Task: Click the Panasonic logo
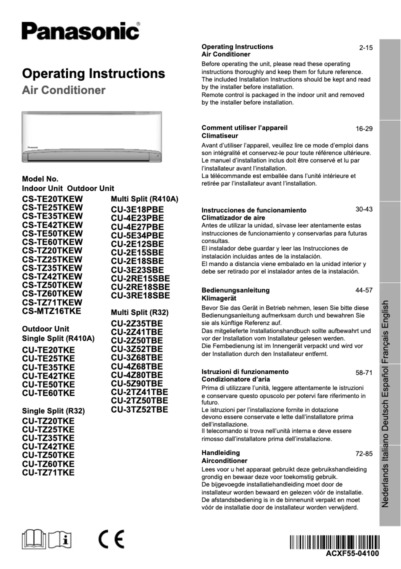pyautogui.click(x=80, y=31)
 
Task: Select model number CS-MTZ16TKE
pyautogui.click(x=51, y=311)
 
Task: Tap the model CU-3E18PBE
pyautogui.click(x=137, y=209)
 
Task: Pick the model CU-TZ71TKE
pyautogui.click(x=48, y=472)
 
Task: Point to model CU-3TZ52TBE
pyautogui.click(x=139, y=409)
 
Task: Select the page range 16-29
pyautogui.click(x=364, y=129)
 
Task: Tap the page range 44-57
pyautogui.click(x=364, y=290)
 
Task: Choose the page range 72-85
pyautogui.click(x=364, y=454)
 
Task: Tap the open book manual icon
pyautogui.click(x=37, y=539)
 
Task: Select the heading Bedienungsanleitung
pyautogui.click(x=235, y=290)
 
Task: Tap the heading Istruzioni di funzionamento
pyautogui.click(x=244, y=372)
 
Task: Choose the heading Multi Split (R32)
pyautogui.click(x=139, y=312)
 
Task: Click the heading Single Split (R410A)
pyautogui.click(x=58, y=338)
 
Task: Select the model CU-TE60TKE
pyautogui.click(x=48, y=392)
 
